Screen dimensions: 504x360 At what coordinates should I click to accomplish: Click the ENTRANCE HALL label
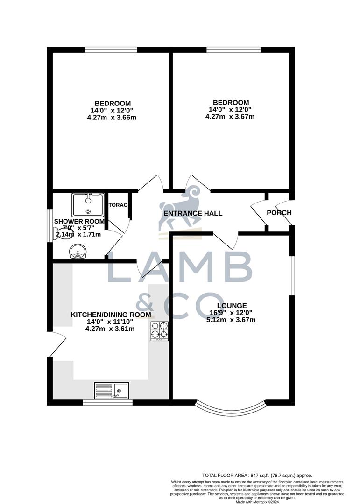coord(192,213)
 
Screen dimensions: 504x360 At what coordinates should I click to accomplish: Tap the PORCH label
coord(279,213)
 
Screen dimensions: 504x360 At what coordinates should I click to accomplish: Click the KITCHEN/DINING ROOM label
coord(111,315)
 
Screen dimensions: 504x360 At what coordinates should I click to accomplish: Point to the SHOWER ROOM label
coord(79,221)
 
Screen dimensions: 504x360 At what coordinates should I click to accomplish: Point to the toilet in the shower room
coord(61,233)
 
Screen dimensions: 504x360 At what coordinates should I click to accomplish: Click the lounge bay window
coord(230,409)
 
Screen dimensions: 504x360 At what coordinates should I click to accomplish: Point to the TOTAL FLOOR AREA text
coord(256,475)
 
